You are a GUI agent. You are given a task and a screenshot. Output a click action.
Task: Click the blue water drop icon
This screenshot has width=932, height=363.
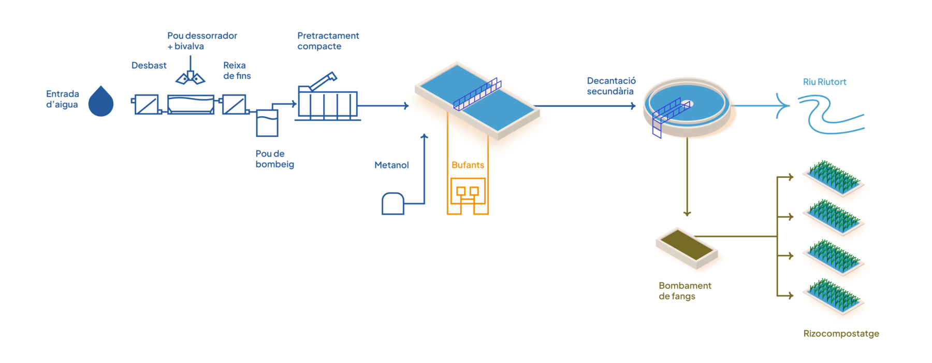coord(101,102)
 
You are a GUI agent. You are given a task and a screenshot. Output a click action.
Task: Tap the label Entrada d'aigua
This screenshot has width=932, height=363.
coord(62,99)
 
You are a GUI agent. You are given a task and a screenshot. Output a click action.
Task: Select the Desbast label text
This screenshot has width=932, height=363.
coord(149,65)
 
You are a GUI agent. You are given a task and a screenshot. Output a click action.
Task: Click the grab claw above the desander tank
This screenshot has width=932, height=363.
coord(190,77)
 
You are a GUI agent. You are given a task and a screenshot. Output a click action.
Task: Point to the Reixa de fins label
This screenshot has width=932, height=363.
coord(237,71)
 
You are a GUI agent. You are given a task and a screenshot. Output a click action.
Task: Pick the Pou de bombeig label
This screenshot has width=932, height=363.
coord(274,159)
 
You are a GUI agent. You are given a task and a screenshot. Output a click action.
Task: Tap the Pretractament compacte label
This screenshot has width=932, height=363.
coord(328,41)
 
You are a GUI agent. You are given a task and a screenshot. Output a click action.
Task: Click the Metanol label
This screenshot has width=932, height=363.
coord(391,165)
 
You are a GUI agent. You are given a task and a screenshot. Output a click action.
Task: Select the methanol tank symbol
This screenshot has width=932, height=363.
coord(393,203)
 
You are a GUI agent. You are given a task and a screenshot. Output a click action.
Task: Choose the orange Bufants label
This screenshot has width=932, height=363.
coord(468,165)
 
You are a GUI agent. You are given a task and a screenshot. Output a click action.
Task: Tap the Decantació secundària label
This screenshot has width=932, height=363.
coord(611,86)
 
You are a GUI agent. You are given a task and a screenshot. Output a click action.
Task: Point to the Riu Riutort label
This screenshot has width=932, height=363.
coord(824,82)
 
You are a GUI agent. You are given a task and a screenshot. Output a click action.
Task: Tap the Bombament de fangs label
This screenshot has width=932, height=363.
coord(685,291)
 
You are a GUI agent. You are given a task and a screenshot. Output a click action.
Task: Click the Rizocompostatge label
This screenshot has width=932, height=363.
coord(841,333)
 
